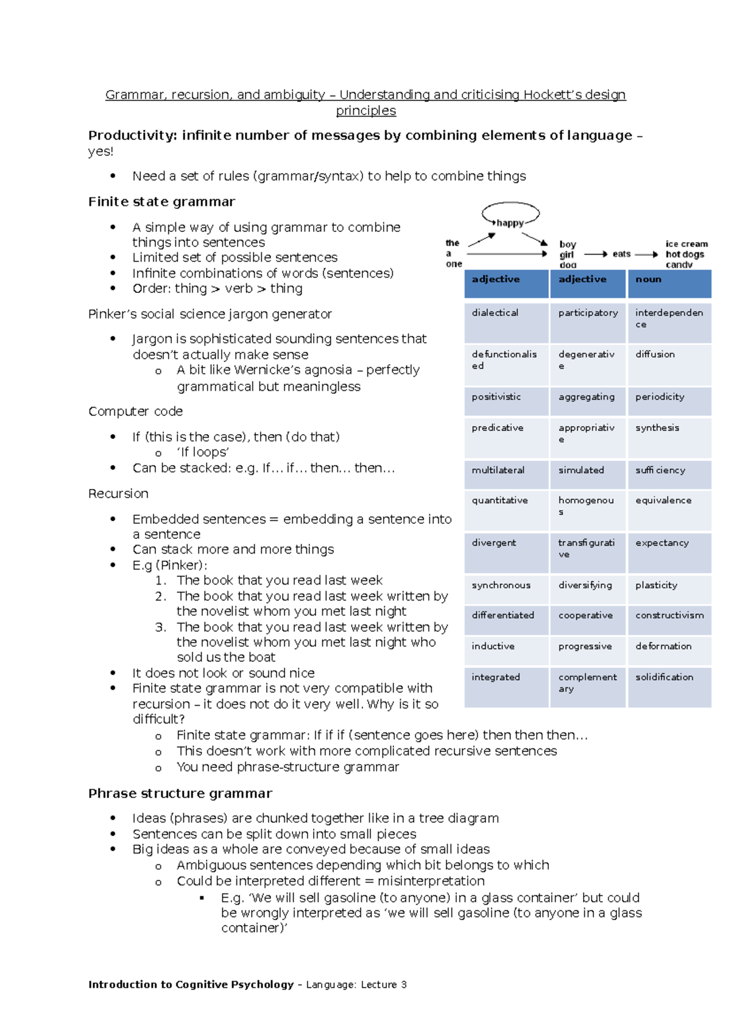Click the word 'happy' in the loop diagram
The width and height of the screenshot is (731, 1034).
pos(510,223)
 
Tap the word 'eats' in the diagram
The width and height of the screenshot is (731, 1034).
pos(621,254)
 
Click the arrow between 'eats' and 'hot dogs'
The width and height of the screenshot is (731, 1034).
pos(646,255)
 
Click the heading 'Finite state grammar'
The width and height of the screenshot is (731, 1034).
pos(161,202)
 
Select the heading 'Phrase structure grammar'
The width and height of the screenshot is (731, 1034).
pos(180,793)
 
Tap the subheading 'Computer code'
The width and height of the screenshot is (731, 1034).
pos(135,412)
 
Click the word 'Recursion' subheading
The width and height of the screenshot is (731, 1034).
pos(118,493)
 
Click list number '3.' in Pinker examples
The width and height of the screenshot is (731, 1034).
pos(160,627)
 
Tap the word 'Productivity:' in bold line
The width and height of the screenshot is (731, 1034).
pos(132,135)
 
